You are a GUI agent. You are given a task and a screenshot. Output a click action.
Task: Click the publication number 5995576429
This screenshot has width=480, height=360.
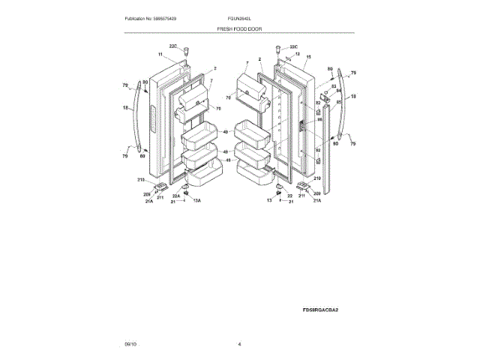(x=177, y=18)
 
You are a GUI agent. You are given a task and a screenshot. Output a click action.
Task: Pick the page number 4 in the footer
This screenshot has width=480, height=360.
(x=239, y=343)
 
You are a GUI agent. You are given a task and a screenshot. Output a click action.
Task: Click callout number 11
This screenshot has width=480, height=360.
(x=160, y=55)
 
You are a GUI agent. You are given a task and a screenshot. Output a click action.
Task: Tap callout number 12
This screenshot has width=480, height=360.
(x=297, y=54)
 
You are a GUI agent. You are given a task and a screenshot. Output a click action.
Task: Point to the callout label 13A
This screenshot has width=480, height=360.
(x=197, y=202)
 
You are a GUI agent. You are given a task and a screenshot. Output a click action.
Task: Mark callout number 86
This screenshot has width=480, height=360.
(x=319, y=119)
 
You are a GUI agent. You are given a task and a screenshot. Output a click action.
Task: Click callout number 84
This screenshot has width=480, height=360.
(x=337, y=91)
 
